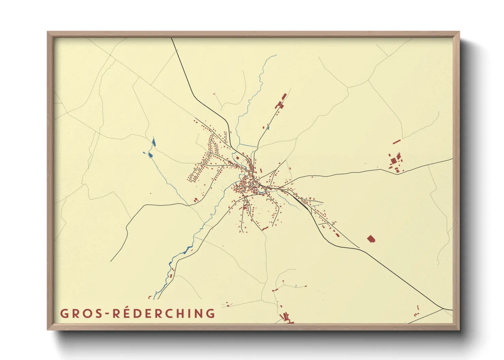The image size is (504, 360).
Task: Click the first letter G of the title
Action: coord(64,313)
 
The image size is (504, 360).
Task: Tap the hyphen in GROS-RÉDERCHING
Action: coord(107,314)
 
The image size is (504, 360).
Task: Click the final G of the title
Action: coord(210,313)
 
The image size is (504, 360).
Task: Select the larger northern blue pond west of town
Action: coord(154,142)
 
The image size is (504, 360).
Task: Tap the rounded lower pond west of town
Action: coord(150,155)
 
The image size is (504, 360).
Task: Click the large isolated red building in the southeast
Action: coord(371,239)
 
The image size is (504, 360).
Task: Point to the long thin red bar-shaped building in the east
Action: coord(396,141)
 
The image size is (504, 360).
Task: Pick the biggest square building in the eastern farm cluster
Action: coord(393,161)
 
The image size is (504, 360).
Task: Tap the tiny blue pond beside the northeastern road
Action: coord(268,128)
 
